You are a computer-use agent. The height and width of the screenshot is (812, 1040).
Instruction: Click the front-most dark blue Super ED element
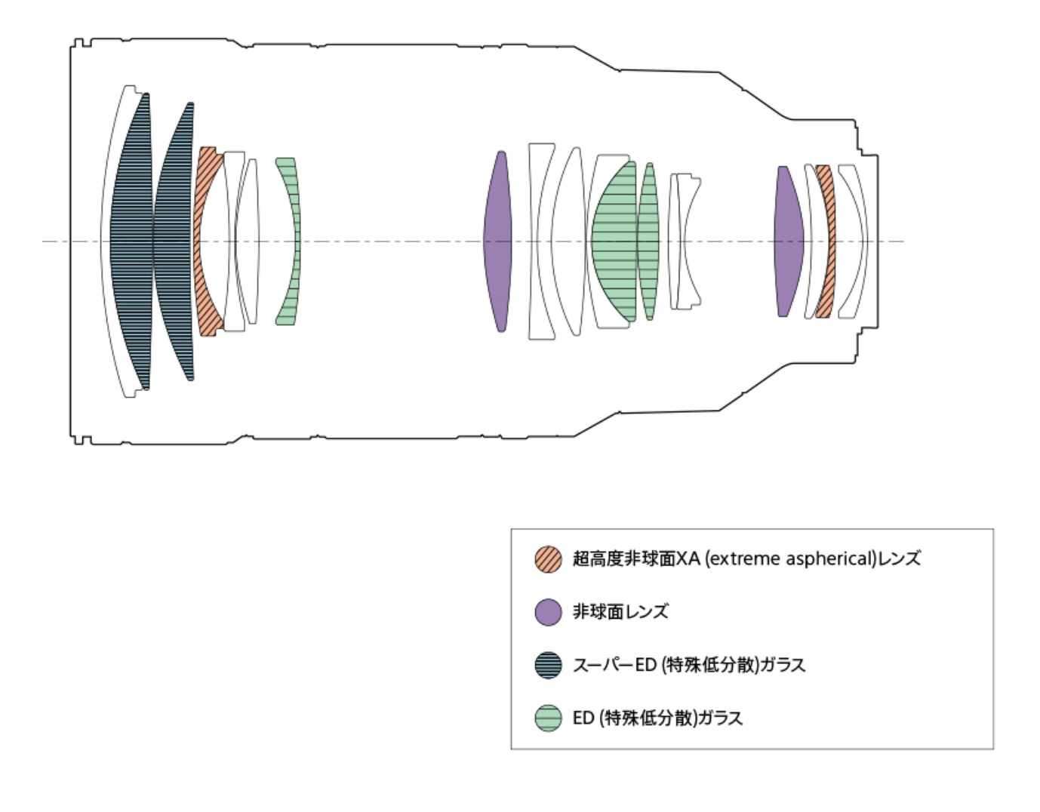[x=131, y=241]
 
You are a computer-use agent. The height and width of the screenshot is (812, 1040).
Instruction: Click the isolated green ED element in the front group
[x=291, y=241]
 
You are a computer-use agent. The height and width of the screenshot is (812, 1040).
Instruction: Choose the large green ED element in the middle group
[x=613, y=241]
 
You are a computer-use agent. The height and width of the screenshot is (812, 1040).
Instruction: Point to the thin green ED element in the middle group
[x=648, y=241]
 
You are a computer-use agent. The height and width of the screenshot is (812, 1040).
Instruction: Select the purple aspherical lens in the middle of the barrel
[x=498, y=241]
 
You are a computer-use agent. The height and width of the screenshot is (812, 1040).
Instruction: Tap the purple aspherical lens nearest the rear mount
[x=789, y=241]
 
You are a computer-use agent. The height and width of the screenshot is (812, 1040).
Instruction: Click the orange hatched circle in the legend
[x=549, y=559]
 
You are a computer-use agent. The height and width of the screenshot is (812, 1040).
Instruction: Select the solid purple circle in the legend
[x=549, y=612]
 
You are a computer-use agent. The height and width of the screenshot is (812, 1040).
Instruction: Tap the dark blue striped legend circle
[x=549, y=665]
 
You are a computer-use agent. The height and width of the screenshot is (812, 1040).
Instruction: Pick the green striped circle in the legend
[x=549, y=718]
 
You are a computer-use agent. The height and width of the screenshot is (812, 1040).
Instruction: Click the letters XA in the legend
[x=688, y=559]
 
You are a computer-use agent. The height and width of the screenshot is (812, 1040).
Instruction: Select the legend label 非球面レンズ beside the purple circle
[x=620, y=612]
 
